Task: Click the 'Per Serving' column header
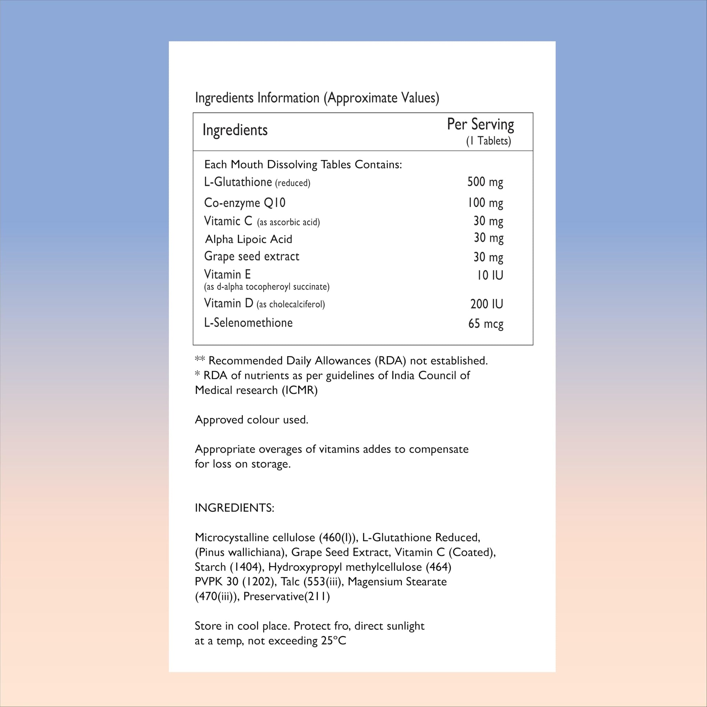pyautogui.click(x=480, y=125)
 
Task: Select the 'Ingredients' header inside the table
pyautogui.click(x=235, y=130)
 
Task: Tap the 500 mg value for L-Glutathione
pyautogui.click(x=485, y=182)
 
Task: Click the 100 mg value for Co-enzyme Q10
pyautogui.click(x=485, y=203)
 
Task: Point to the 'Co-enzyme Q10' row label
pyautogui.click(x=245, y=203)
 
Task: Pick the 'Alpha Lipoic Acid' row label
pyautogui.click(x=249, y=239)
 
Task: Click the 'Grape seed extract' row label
pyautogui.click(x=251, y=256)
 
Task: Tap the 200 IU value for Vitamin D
pyautogui.click(x=486, y=304)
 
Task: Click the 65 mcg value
pyautogui.click(x=486, y=324)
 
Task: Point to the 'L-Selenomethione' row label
pyautogui.click(x=248, y=323)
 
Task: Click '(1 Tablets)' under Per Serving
pyautogui.click(x=488, y=141)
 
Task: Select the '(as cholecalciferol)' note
pyautogui.click(x=291, y=304)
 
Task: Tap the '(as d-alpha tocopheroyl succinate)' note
pyautogui.click(x=266, y=287)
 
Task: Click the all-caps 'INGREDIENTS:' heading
pyautogui.click(x=234, y=508)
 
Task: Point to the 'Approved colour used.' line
pyautogui.click(x=251, y=420)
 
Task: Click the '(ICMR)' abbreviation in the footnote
pyautogui.click(x=299, y=391)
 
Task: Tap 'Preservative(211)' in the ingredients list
pyautogui.click(x=287, y=597)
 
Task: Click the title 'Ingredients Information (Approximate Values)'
pyautogui.click(x=317, y=98)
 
